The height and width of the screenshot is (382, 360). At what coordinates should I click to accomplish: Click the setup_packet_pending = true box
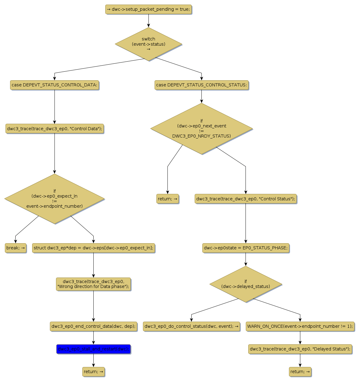tap(148, 9)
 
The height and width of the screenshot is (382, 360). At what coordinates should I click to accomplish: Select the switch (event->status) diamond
tap(148, 44)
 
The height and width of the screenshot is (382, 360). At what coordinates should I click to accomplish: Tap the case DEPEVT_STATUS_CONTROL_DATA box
tap(54, 85)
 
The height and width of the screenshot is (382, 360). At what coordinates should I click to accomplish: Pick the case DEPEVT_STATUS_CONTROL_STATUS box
tap(201, 85)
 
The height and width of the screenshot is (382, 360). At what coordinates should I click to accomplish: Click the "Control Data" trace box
tap(54, 129)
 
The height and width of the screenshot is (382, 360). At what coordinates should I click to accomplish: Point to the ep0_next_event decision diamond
tap(201, 129)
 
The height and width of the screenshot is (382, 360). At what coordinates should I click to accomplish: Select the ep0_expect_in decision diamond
tap(54, 199)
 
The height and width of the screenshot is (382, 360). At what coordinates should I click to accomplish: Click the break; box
tap(16, 248)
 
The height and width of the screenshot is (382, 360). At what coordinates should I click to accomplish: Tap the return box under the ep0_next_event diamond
tap(167, 199)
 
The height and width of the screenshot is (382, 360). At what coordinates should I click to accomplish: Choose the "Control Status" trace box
tap(246, 199)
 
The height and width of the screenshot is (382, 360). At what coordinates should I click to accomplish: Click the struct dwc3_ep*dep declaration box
tap(93, 248)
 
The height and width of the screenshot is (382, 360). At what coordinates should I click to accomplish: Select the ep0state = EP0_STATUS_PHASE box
tap(246, 248)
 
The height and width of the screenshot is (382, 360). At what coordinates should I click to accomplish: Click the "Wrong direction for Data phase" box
tap(93, 284)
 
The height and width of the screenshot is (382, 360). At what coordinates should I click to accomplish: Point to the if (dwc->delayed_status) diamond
tap(246, 284)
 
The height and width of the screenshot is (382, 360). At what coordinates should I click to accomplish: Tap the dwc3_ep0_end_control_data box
tap(93, 326)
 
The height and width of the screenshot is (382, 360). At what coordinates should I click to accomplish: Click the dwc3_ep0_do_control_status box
tap(191, 326)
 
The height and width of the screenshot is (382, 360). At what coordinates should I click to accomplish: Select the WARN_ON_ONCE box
tap(300, 326)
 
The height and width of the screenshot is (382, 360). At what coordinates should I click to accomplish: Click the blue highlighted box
tap(93, 349)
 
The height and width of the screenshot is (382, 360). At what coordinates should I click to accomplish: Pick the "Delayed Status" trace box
tap(300, 349)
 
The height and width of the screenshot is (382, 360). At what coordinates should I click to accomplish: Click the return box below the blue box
tap(93, 372)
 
